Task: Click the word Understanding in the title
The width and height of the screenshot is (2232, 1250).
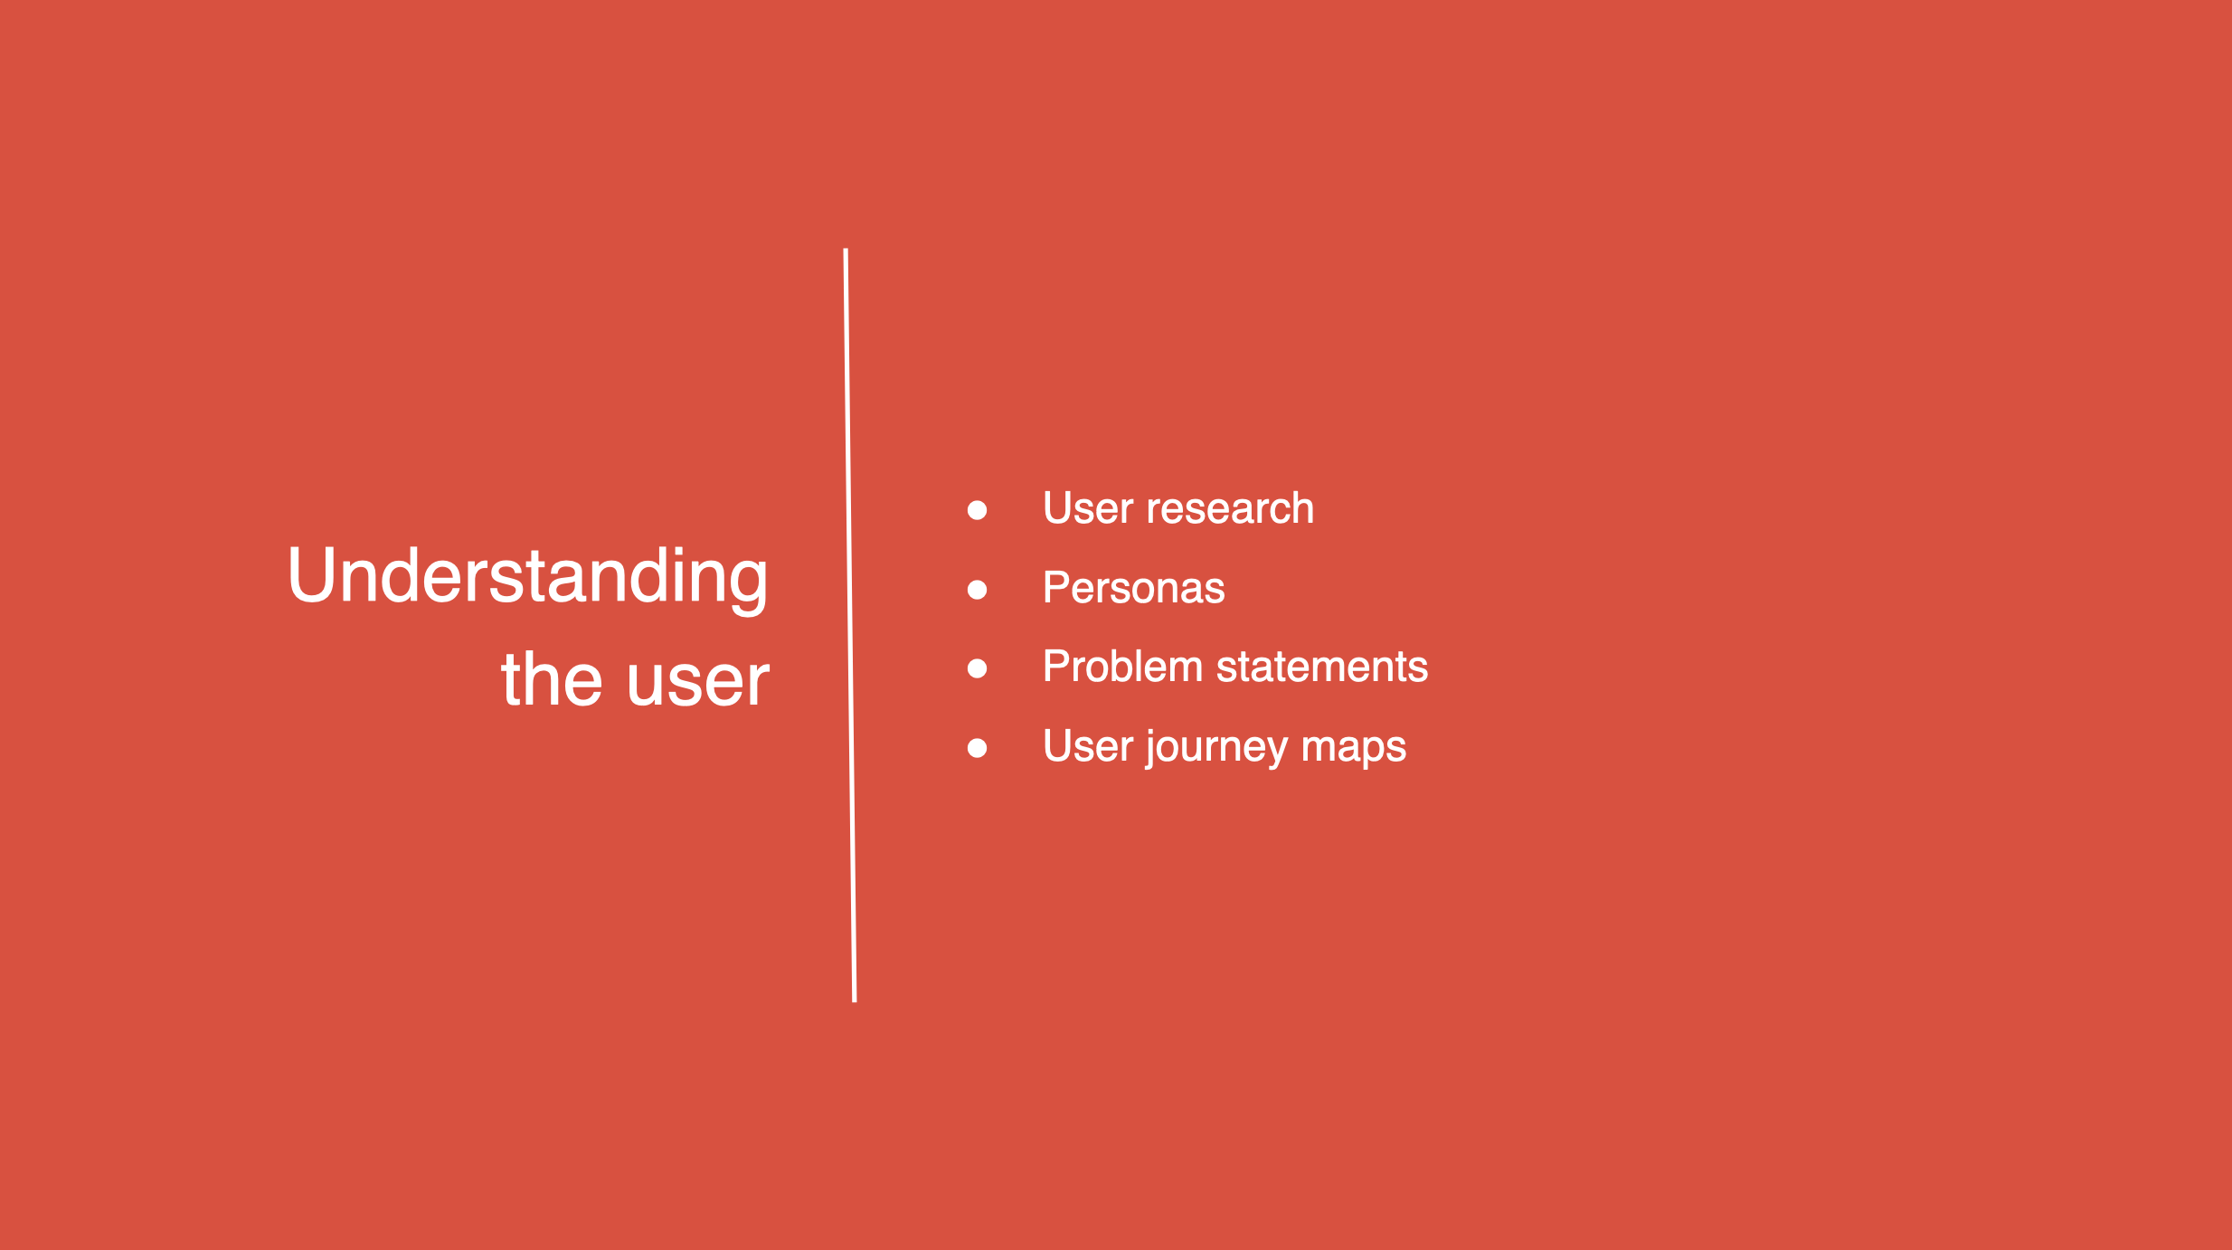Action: pyautogui.click(x=528, y=579)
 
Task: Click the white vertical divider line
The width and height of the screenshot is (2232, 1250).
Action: pyautogui.click(x=850, y=625)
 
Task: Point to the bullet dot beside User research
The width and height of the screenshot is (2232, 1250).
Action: pyautogui.click(x=977, y=510)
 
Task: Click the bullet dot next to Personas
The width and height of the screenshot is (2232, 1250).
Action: pyautogui.click(x=977, y=590)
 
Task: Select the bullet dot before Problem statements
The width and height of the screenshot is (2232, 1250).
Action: pyautogui.click(x=977, y=668)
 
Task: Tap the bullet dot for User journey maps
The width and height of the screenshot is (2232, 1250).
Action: pyautogui.click(x=977, y=748)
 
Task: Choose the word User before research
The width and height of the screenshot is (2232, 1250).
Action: pyautogui.click(x=1088, y=508)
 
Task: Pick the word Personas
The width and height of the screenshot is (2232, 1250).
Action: pyautogui.click(x=1134, y=588)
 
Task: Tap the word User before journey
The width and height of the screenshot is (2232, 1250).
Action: pyautogui.click(x=1088, y=746)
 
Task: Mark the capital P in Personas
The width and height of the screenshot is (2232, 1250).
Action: pyautogui.click(x=1056, y=588)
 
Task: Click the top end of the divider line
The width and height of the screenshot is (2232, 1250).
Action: pyautogui.click(x=846, y=249)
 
